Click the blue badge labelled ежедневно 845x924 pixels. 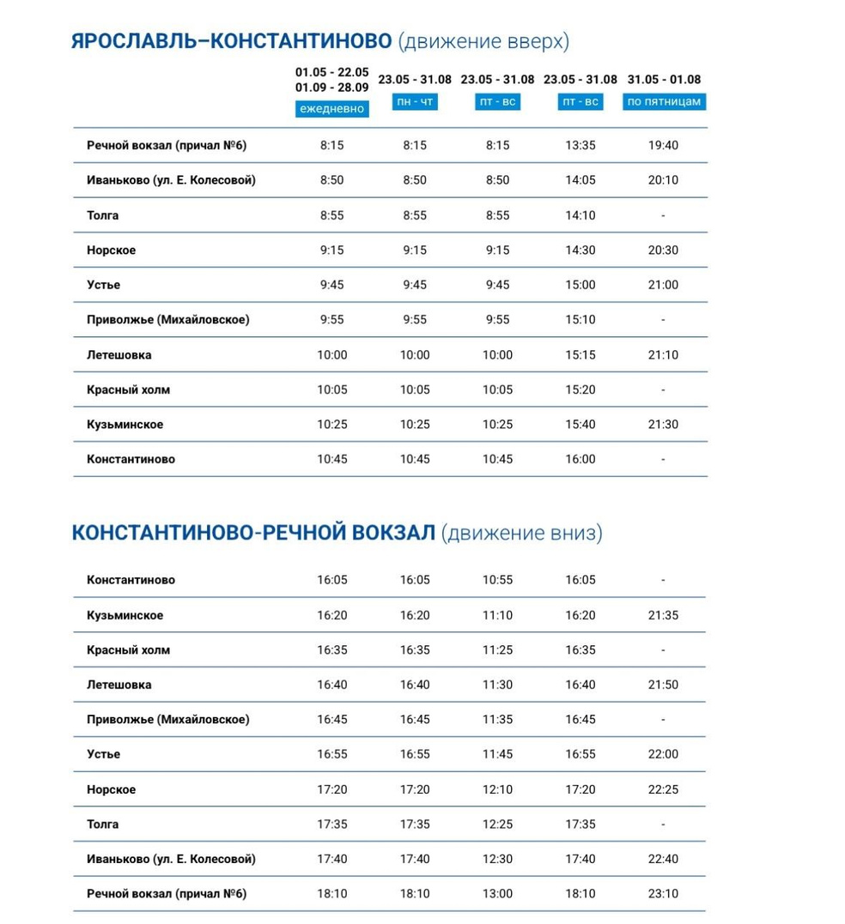point(331,109)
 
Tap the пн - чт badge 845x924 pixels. point(414,102)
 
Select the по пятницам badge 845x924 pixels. point(664,101)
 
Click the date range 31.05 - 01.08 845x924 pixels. point(664,80)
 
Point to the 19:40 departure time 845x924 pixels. point(664,146)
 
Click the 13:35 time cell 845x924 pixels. point(581,146)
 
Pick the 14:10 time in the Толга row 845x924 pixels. point(581,215)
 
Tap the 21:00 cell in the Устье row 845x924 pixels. point(664,285)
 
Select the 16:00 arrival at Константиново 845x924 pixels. point(581,459)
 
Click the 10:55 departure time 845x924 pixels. point(497,580)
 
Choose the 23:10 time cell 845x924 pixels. point(664,894)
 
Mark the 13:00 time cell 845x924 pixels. point(497,894)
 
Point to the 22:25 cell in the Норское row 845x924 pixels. point(664,789)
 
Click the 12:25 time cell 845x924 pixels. point(497,824)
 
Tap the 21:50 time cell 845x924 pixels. point(664,685)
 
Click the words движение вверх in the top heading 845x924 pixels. point(485,42)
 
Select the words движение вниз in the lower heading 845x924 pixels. point(522,534)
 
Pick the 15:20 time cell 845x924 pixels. point(581,390)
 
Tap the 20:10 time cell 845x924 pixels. point(664,180)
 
